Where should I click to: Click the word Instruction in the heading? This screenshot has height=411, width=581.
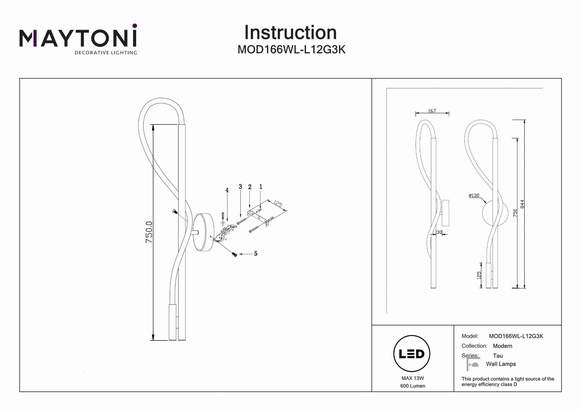coord(290,33)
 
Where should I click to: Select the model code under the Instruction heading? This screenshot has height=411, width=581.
coord(291,50)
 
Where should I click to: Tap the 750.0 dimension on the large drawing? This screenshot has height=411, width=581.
coord(149,232)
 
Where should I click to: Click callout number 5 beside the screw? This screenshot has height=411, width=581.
coord(256,254)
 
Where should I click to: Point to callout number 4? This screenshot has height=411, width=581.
coord(227,190)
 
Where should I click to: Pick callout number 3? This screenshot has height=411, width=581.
coord(240,187)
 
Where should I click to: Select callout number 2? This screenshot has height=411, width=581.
coord(250,187)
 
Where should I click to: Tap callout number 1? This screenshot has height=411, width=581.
coord(261,187)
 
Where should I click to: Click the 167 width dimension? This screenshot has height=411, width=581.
coord(432,111)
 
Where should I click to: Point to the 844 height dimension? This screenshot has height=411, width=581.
coord(522,204)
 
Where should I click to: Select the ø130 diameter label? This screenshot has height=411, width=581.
coord(474,196)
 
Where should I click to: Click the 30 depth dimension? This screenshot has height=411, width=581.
coord(439,232)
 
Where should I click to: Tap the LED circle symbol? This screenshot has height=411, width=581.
coord(412,354)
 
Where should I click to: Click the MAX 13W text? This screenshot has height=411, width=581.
coord(412,378)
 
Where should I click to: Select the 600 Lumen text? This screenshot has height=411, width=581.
coord(412,386)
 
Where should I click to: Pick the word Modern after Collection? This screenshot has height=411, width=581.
coord(502,346)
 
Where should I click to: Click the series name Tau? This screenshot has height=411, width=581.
coord(498,356)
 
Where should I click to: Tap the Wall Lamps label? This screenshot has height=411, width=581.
coord(501,364)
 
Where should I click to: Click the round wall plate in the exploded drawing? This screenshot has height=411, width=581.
coord(204,232)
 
